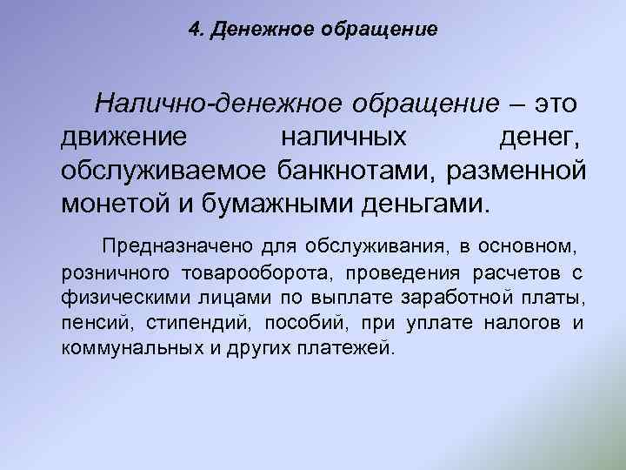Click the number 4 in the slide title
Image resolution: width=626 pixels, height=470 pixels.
(x=193, y=30)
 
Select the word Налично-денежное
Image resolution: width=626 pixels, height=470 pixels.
(x=217, y=105)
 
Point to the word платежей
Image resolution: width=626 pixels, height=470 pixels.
(x=332, y=349)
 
